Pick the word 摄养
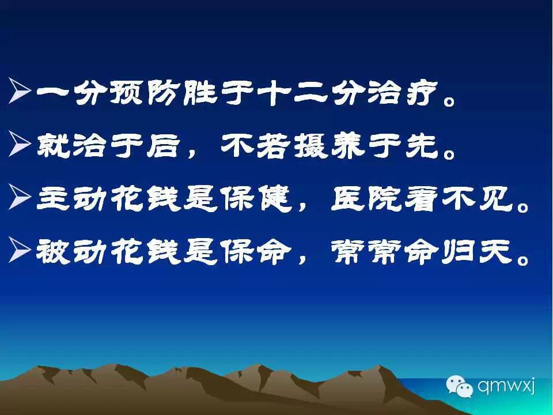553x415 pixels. [329, 145]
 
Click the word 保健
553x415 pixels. [256, 198]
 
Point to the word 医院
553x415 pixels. [366, 198]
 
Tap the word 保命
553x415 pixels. [256, 251]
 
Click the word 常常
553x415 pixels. [366, 251]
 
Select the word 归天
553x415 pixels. [476, 251]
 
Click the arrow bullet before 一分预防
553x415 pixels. [20, 90]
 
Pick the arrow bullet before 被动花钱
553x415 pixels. [20, 250]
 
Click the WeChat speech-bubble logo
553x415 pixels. [459, 386]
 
